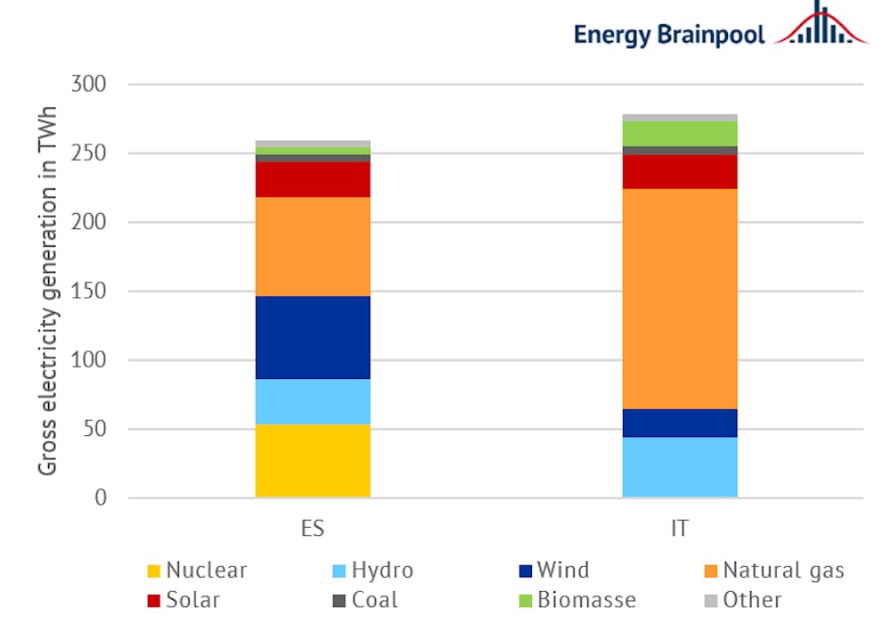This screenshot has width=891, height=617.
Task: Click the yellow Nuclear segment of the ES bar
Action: click(312, 460)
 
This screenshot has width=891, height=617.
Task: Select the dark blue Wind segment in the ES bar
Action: click(312, 337)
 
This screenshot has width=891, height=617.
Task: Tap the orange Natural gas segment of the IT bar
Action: click(680, 299)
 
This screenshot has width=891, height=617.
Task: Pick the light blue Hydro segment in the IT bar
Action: click(680, 466)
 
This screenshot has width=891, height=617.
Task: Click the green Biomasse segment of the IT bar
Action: click(680, 133)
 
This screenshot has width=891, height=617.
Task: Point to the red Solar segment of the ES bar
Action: click(312, 179)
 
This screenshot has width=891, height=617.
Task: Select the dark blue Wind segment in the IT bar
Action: click(680, 423)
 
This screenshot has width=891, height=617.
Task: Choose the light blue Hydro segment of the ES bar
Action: click(312, 401)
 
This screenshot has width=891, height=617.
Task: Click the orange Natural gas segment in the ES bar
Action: click(312, 246)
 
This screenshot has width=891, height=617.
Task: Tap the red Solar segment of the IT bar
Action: click(680, 172)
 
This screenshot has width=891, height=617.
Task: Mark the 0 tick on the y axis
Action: click(100, 498)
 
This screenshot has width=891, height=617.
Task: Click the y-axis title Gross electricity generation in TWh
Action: click(46, 291)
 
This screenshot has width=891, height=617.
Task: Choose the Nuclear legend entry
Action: click(197, 571)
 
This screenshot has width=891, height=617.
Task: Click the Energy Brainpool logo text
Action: click(669, 34)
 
